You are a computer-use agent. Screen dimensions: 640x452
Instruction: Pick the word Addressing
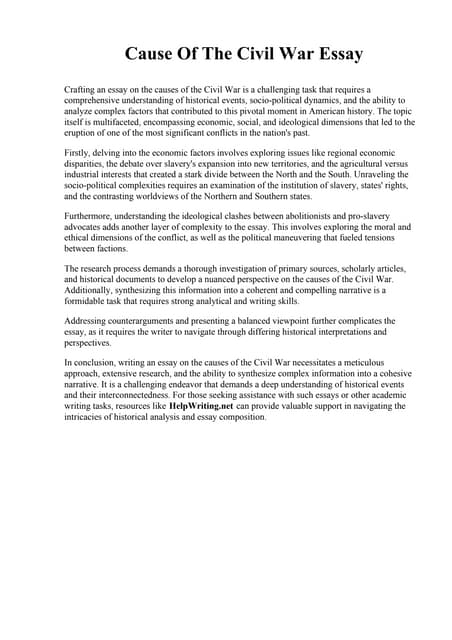(90, 319)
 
